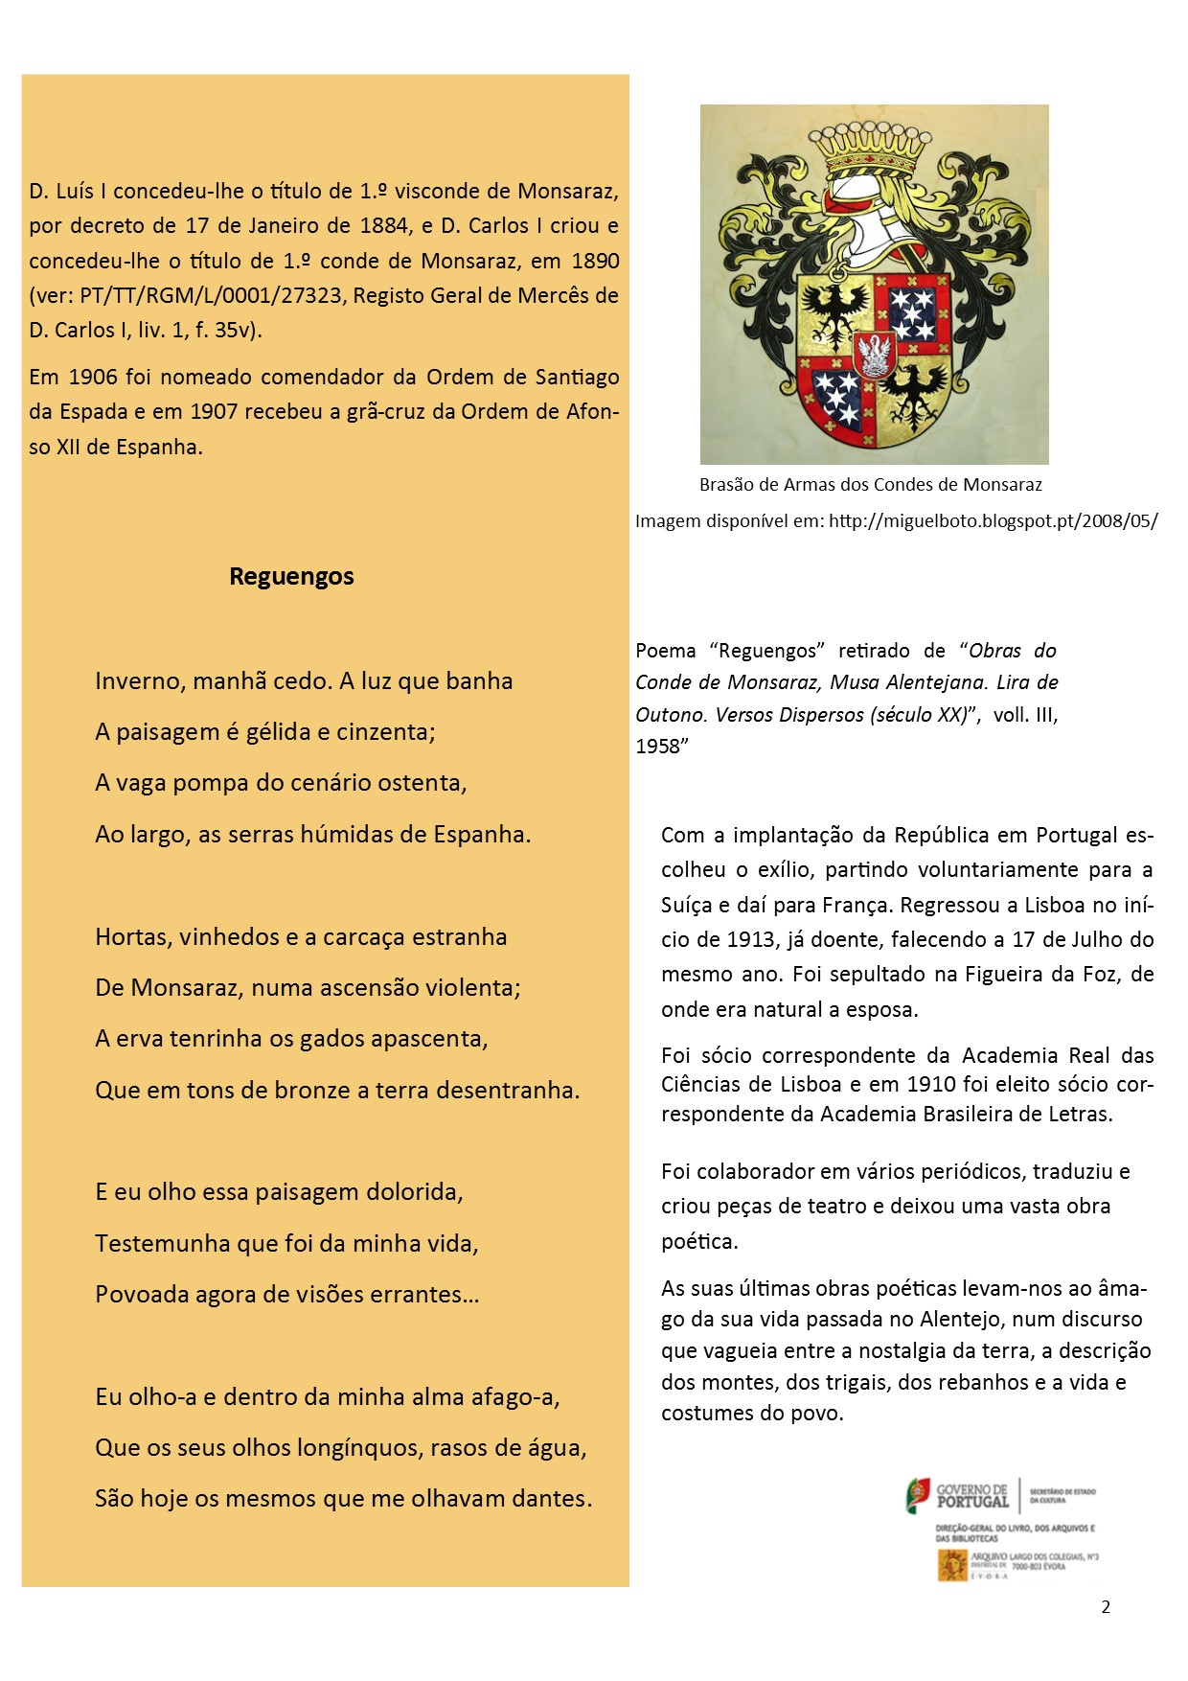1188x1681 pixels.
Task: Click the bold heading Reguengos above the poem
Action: (x=291, y=576)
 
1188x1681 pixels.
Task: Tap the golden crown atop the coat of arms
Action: (x=872, y=147)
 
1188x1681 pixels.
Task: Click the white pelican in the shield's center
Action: (x=874, y=355)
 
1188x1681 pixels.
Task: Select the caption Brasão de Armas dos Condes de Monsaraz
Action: (x=870, y=485)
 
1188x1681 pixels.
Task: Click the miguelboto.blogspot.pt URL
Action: (x=993, y=521)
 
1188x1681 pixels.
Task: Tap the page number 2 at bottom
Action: (x=1106, y=1607)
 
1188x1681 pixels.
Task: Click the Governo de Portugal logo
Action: (x=958, y=1496)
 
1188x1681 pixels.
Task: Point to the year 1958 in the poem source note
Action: (x=657, y=747)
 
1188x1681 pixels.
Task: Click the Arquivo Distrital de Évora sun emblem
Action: (x=952, y=1564)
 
